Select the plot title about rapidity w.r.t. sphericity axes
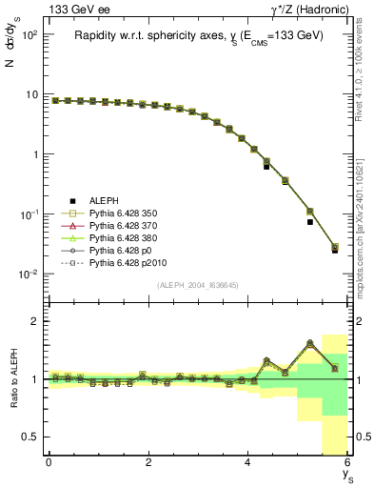click(x=198, y=35)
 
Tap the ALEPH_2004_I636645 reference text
click(x=198, y=285)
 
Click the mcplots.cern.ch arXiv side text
click(x=364, y=219)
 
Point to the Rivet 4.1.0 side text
click(x=364, y=71)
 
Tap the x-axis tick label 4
click(x=247, y=462)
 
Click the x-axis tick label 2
click(x=148, y=462)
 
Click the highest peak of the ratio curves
click(x=310, y=342)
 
